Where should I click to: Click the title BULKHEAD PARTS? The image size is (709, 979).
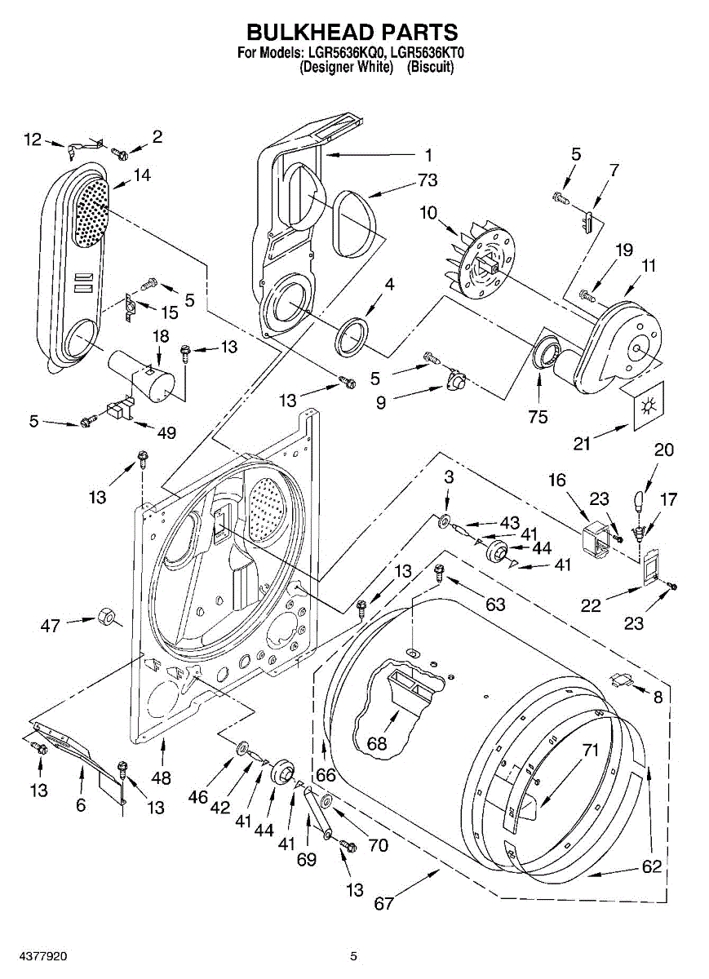(352, 33)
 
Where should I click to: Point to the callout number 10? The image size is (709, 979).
(428, 213)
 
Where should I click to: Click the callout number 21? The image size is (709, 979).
(582, 444)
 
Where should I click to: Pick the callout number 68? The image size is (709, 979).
(377, 742)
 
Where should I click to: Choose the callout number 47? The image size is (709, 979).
(50, 626)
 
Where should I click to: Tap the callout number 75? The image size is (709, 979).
(538, 417)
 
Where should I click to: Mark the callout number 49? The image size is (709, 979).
(166, 432)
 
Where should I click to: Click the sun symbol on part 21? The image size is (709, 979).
(646, 407)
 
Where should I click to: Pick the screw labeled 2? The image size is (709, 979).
(118, 153)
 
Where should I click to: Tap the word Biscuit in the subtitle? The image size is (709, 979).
(430, 67)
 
